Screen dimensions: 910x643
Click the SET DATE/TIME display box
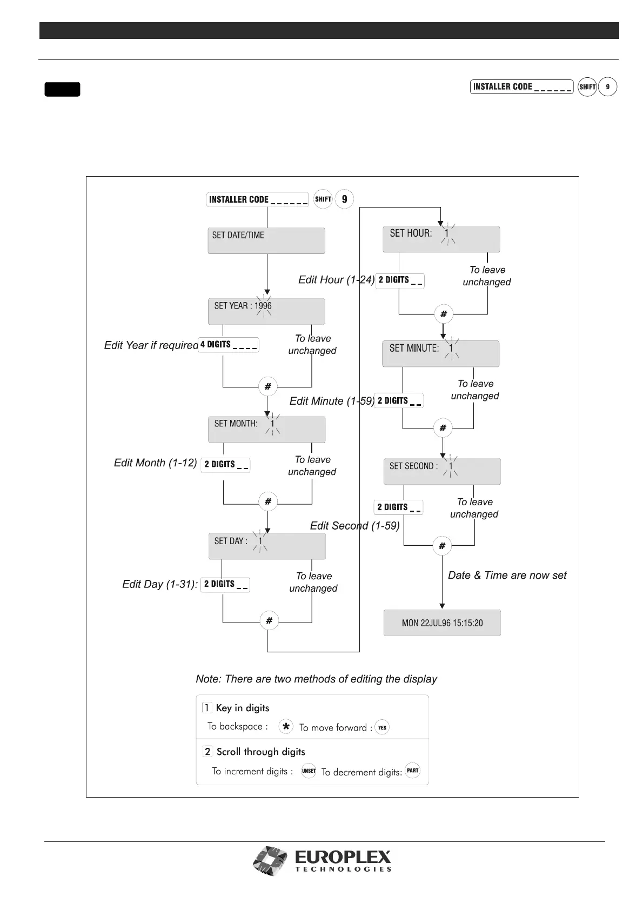[266, 240]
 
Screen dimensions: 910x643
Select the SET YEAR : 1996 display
[266, 311]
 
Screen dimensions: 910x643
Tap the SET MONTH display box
[267, 430]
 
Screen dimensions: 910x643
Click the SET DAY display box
[267, 546]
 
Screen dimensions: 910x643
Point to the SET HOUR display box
[441, 239]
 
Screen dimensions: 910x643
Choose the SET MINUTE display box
[440, 354]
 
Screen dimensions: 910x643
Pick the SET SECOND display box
[441, 471]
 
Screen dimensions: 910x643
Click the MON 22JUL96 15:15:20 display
[442, 623]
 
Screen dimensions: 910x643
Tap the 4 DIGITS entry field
[228, 345]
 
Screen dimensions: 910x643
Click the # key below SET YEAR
[267, 386]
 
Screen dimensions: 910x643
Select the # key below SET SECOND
[442, 546]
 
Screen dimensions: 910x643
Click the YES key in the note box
[382, 727]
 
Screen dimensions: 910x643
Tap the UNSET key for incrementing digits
[309, 771]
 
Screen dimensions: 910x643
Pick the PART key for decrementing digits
[412, 771]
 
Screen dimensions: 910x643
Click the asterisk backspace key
[286, 727]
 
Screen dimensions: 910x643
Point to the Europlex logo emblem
[270, 861]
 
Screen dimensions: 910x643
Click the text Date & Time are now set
[507, 576]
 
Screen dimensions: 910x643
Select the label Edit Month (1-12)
[155, 463]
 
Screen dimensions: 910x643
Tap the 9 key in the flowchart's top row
[344, 199]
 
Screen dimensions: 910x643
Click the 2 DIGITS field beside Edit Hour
[400, 280]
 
